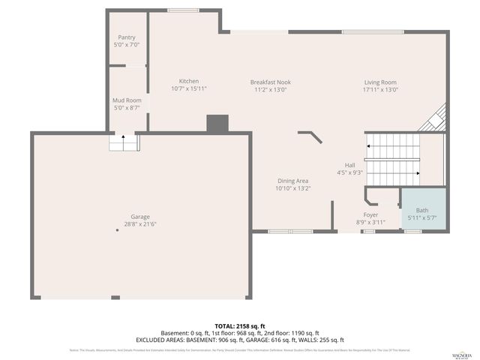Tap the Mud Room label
127,100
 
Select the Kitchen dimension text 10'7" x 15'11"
188,88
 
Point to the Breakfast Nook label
268,82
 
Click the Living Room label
380,82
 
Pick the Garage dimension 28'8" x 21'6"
139,223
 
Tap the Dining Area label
292,181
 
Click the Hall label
349,165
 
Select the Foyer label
370,214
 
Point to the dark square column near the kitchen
217,124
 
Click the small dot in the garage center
117,231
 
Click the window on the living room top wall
373,31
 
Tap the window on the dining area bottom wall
280,231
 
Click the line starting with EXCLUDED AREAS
239,340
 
